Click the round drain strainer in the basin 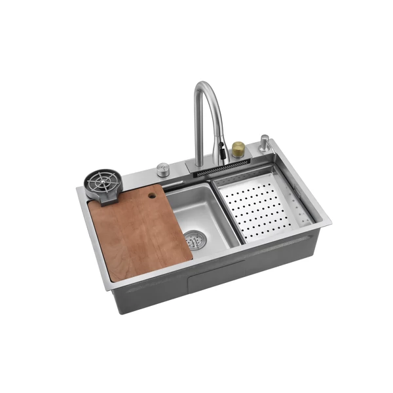(194, 240)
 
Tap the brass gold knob (238, 149)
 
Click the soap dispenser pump (263, 143)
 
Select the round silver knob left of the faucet (163, 170)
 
